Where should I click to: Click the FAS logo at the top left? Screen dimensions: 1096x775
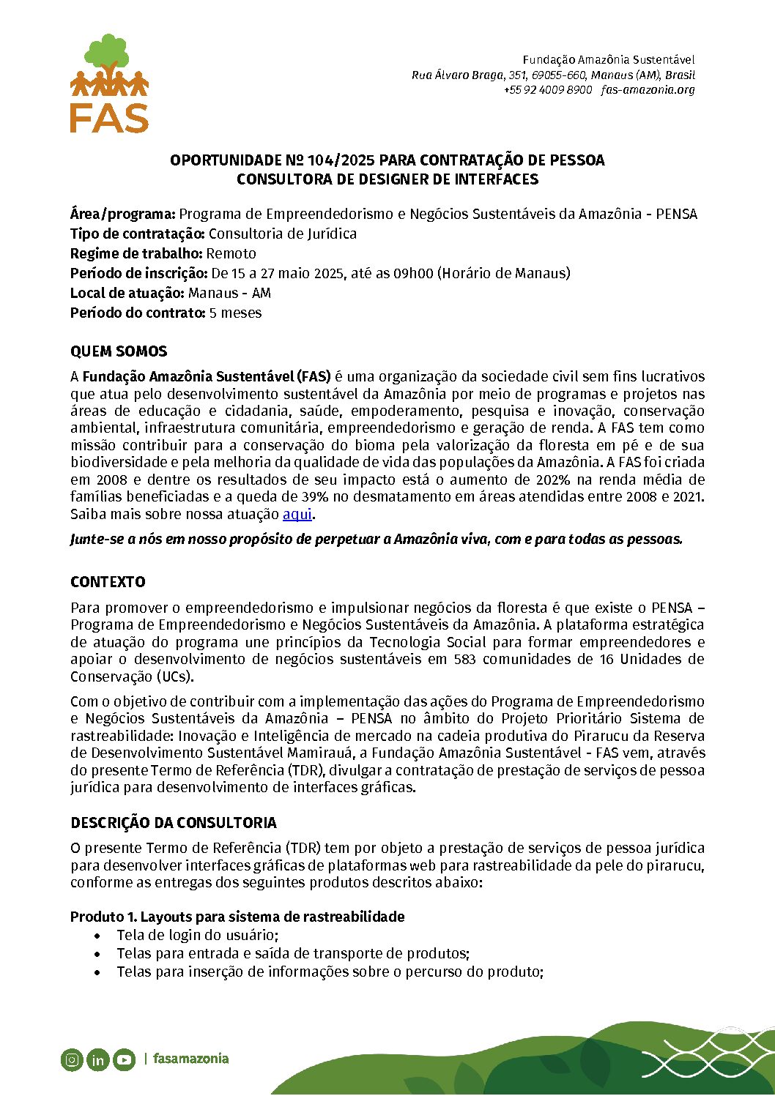[109, 83]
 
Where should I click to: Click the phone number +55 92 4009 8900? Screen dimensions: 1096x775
[547, 90]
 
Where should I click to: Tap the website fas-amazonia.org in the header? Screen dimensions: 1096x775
[648, 90]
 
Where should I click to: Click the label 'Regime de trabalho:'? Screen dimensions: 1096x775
[136, 253]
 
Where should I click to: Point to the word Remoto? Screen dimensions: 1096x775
[231, 253]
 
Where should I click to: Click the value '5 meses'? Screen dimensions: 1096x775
[235, 313]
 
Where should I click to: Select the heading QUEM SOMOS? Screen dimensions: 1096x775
[119, 351]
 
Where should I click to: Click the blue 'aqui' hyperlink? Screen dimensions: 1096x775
[297, 514]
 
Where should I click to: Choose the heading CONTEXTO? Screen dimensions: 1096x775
[108, 582]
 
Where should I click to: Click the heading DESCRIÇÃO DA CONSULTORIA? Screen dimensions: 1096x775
[174, 823]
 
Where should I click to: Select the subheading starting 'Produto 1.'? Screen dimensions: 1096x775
[237, 917]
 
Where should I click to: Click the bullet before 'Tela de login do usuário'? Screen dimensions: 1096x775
[99, 936]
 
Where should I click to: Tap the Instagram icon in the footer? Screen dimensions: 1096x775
[72, 1059]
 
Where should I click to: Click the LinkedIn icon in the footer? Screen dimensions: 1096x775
[97, 1059]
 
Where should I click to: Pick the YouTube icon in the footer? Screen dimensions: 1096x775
[124, 1059]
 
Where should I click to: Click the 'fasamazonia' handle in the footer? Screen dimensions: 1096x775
[190, 1059]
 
